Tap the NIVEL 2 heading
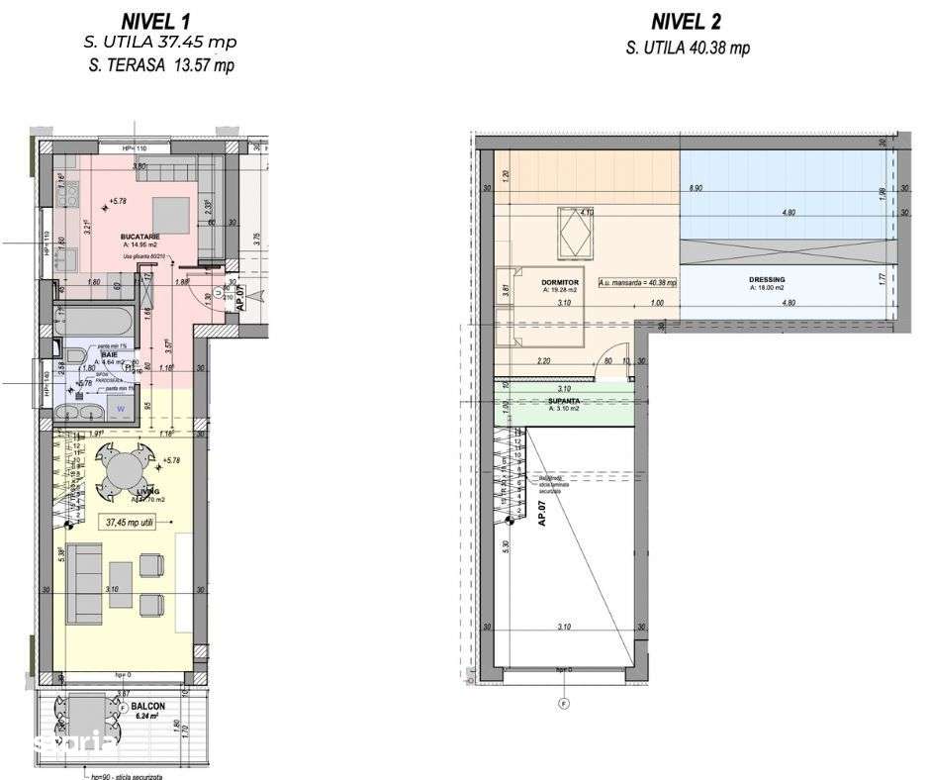click(687, 21)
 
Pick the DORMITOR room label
click(559, 282)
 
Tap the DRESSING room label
click(767, 280)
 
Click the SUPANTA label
click(563, 402)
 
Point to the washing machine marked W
click(120, 406)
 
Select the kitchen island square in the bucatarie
click(172, 212)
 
